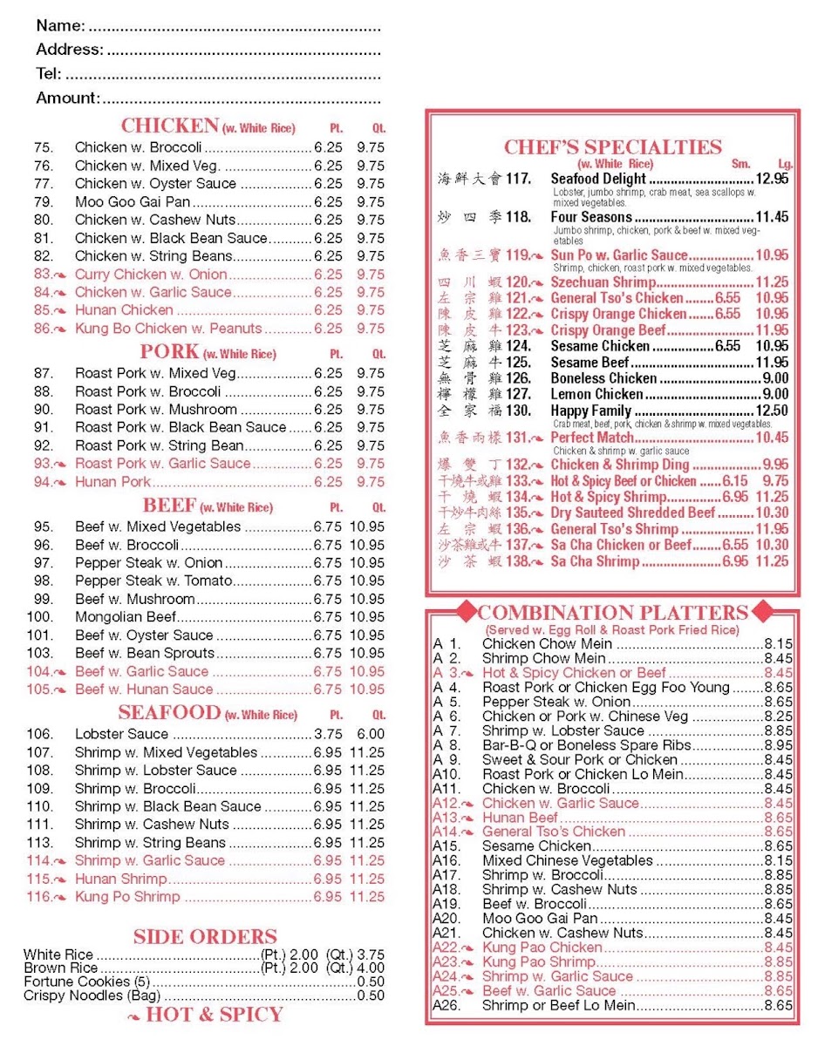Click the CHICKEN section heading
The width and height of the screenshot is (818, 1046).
click(169, 126)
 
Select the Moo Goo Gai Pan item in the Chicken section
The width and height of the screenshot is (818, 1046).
click(132, 202)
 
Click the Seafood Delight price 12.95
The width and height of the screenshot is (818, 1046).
click(772, 179)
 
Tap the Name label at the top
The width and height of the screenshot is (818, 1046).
click(60, 26)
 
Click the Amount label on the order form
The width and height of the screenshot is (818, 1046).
click(67, 98)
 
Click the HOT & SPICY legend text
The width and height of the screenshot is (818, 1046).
click(214, 1015)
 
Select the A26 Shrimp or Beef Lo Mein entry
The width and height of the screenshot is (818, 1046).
click(558, 1005)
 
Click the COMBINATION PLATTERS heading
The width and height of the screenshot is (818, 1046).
click(612, 612)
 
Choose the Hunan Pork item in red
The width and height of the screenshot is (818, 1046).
click(112, 482)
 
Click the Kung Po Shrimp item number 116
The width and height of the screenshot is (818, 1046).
click(39, 897)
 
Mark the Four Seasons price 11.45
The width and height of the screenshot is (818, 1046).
click(772, 217)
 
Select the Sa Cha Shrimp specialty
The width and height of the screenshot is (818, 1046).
click(596, 561)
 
